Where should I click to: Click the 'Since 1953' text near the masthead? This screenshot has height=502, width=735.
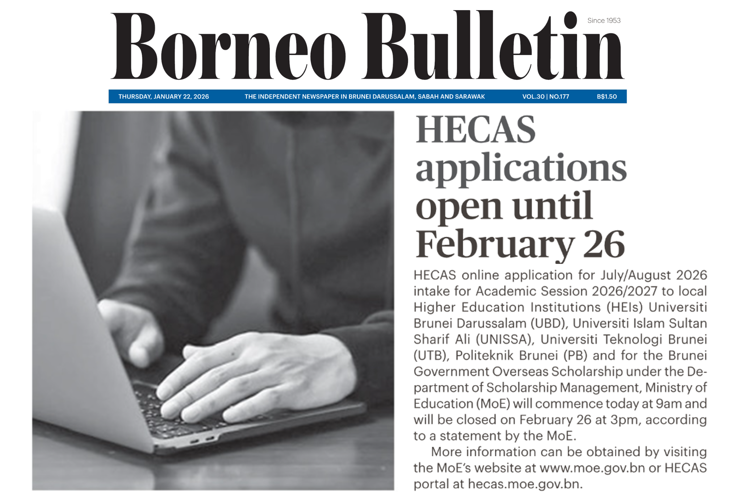pyautogui.click(x=604, y=21)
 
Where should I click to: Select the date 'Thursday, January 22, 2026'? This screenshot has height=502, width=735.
pyautogui.click(x=163, y=96)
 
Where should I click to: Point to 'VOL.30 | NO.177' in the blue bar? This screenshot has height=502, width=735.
pyautogui.click(x=546, y=96)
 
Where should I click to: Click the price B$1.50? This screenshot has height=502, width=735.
pyautogui.click(x=607, y=96)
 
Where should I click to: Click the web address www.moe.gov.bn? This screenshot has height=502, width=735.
pyautogui.click(x=592, y=468)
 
